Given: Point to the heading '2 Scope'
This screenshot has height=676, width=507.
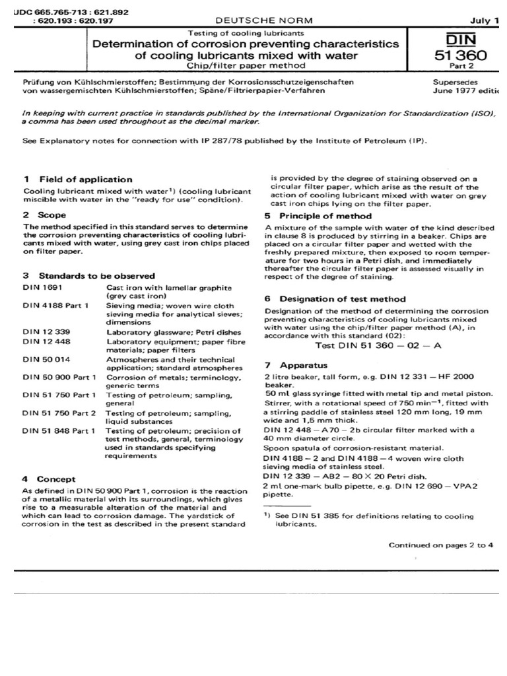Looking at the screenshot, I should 44,215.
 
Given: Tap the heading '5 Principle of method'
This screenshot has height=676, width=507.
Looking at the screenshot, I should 318,216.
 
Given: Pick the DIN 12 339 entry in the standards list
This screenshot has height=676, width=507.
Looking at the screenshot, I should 43,332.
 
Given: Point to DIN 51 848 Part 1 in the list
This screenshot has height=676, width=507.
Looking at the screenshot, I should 59,430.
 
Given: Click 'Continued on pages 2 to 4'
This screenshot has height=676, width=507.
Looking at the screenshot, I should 440,545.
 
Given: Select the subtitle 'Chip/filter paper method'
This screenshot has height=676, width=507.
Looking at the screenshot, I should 246,66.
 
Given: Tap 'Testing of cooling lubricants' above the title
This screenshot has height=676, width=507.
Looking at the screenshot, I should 246,32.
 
